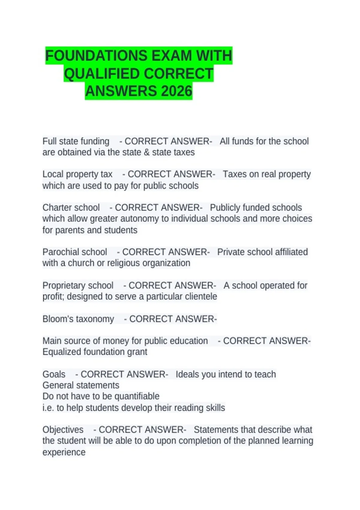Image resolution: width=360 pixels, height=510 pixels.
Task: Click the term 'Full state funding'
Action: point(76,141)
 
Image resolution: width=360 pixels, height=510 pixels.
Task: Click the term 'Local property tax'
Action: point(77,174)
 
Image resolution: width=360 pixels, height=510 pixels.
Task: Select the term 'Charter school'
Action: point(71,208)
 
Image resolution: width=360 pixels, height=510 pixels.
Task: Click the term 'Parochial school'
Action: point(75,252)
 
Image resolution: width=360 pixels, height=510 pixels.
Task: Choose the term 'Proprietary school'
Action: point(78,285)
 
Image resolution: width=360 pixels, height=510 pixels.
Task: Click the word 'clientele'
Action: point(201,297)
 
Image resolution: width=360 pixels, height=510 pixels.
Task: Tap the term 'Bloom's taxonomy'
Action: point(78,319)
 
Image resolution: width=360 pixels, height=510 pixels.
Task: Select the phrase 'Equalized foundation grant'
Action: point(95,352)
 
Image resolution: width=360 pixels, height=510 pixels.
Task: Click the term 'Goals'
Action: point(54,374)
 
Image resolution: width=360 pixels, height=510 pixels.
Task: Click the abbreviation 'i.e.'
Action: point(48,408)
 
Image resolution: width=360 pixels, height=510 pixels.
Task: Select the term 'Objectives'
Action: point(63,430)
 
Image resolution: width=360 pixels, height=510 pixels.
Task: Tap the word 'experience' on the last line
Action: point(64,452)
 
